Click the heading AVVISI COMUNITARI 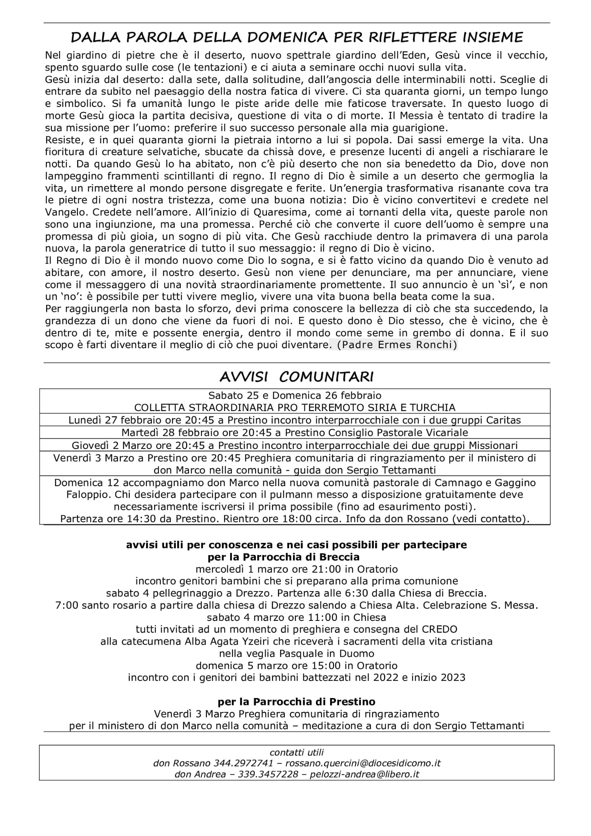coord(296,377)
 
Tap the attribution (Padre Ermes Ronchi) coord(393,345)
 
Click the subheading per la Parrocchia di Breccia coord(283,557)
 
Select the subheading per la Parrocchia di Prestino coord(296,702)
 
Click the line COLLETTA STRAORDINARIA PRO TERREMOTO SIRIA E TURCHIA coord(295,407)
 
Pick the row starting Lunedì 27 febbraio coord(295,420)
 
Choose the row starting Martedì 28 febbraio coord(295,432)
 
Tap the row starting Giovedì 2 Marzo coord(295,445)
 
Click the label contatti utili coord(296,752)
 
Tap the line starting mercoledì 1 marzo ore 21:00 coord(296,569)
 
